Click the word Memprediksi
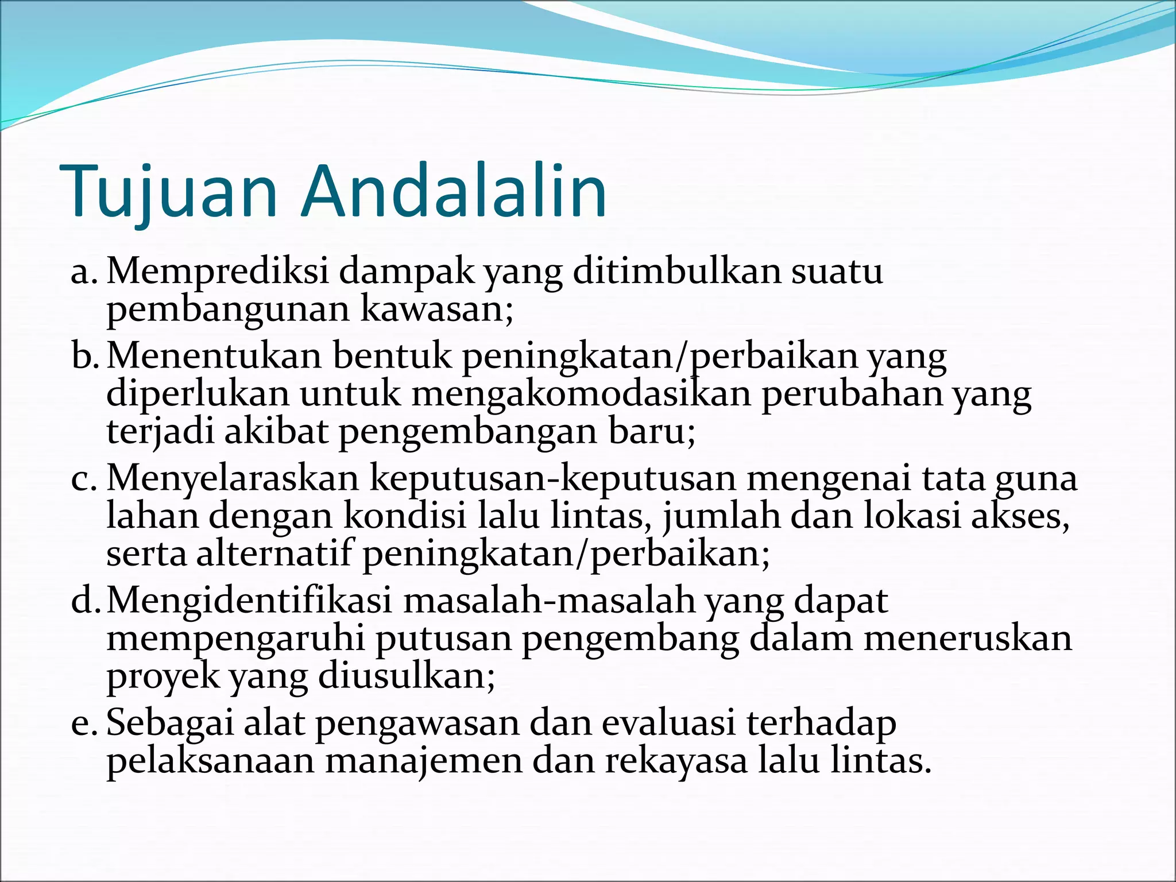coord(218,271)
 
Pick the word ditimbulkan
coord(677,271)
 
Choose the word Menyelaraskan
coord(233,478)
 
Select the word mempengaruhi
coord(235,639)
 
